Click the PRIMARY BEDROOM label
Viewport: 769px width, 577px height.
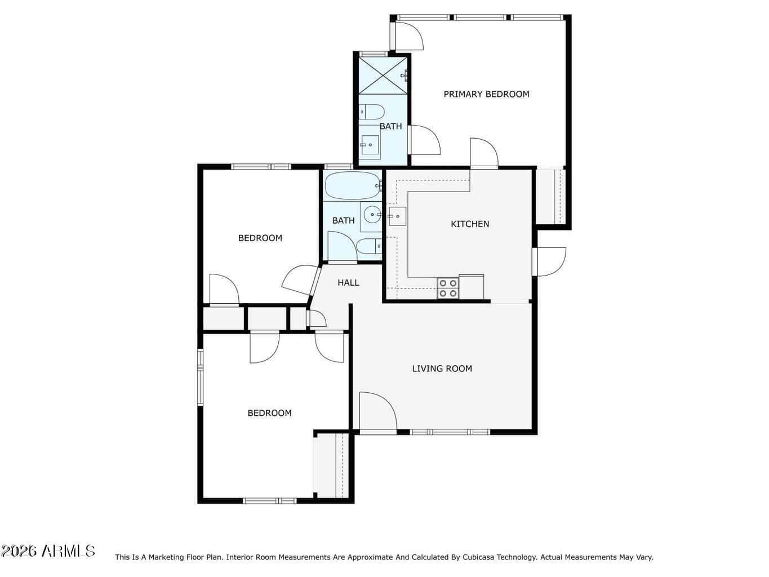coord(486,94)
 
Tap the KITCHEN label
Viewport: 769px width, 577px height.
coord(469,224)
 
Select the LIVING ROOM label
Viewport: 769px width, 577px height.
coord(442,369)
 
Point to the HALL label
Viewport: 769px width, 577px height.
coord(348,283)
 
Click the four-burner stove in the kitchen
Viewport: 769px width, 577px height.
coord(448,288)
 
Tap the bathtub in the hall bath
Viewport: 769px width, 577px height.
coord(353,185)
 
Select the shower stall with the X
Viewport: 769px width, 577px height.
coord(383,76)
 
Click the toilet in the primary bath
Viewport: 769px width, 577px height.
coord(372,112)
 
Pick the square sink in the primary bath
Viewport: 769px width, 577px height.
coord(370,145)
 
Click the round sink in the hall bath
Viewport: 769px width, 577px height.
coord(372,215)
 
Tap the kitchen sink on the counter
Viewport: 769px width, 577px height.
coord(397,216)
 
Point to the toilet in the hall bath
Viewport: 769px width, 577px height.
coord(369,246)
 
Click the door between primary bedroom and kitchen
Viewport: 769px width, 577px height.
coord(484,153)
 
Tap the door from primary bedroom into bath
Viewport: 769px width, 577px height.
coord(424,140)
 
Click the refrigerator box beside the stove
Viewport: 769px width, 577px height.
coord(471,287)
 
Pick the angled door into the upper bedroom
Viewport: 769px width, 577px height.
coord(301,280)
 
